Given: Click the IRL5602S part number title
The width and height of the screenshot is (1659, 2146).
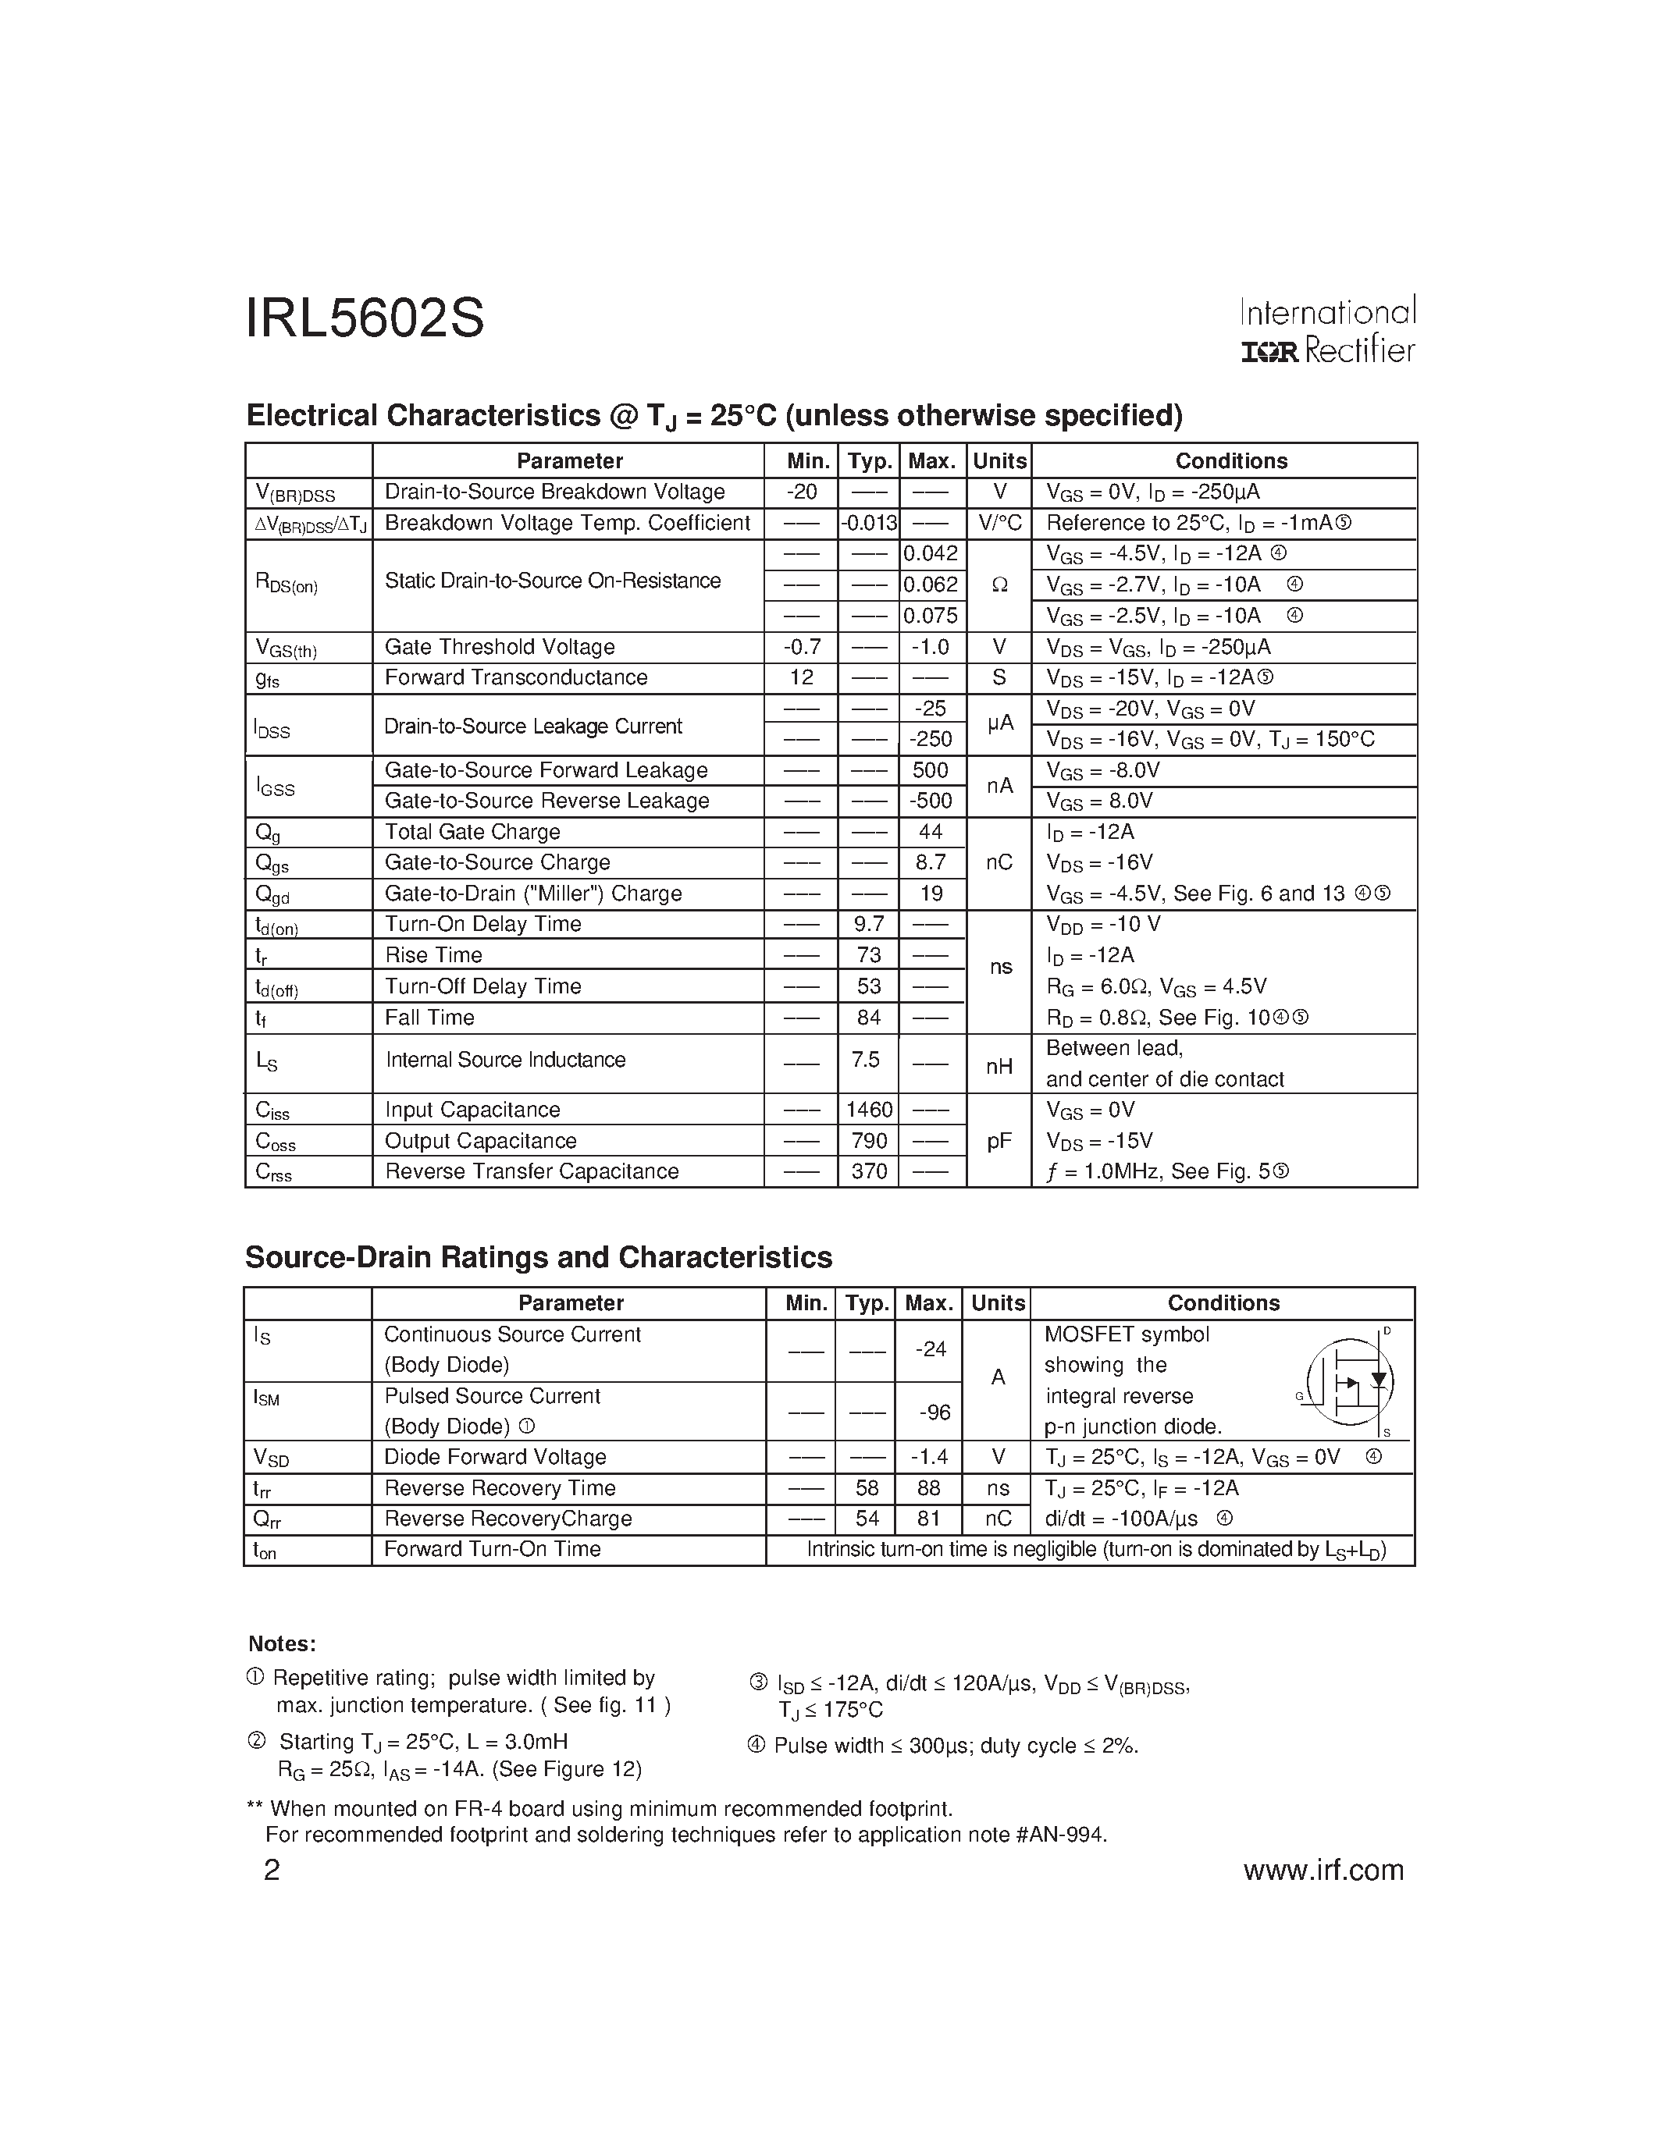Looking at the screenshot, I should pos(365,319).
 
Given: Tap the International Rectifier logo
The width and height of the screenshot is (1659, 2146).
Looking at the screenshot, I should pos(1326,331).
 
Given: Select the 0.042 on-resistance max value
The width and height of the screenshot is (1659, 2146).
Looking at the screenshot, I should pos(931,554).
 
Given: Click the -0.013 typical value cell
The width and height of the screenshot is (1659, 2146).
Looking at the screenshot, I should pos(869,524).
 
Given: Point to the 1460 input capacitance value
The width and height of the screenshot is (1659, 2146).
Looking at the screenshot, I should pos(869,1110).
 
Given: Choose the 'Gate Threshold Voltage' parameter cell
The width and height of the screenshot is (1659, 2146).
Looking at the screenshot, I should pos(500,648).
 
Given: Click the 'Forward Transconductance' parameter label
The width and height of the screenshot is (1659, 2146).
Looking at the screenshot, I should pos(516,678).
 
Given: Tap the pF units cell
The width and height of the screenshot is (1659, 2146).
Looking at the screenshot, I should pos(999,1141).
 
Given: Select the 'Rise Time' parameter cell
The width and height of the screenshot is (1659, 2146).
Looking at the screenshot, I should pos(433,955).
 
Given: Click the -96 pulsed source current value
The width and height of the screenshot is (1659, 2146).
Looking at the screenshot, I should pos(935,1412).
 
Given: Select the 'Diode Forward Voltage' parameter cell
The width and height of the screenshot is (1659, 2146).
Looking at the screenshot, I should pos(495,1457).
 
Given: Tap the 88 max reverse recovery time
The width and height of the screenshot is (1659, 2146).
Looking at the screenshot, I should pos(929,1489).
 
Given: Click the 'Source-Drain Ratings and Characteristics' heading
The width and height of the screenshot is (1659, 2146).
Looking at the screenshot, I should pos(539,1258).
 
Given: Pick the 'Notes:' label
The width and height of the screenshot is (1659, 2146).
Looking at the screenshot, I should pos(282,1645).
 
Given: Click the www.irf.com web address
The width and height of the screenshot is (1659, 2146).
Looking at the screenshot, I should pos(1323,1869).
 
